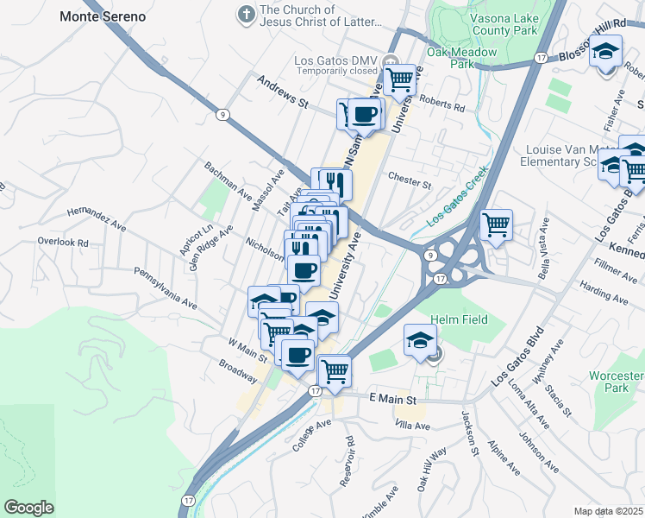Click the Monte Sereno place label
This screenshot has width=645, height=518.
[103, 16]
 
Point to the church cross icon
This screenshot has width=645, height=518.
[247, 15]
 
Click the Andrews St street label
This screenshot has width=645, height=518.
[283, 91]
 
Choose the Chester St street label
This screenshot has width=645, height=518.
[410, 183]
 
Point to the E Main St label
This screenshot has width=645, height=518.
[392, 400]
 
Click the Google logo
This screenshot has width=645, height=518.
[29, 507]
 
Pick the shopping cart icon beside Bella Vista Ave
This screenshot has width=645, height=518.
[496, 226]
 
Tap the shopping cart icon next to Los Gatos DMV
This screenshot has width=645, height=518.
[399, 79]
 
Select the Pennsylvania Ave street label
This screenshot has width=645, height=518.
[165, 288]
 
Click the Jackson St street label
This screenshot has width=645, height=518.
[471, 433]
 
